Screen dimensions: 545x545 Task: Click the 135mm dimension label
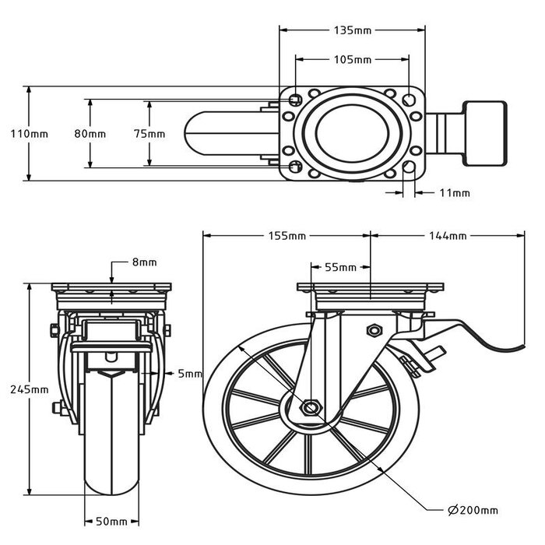(x=352, y=31)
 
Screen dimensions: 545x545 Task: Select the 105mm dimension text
(x=352, y=59)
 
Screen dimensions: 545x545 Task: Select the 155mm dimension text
(x=287, y=236)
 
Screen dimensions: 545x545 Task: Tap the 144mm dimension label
(x=446, y=236)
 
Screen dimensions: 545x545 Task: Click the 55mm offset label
(x=339, y=267)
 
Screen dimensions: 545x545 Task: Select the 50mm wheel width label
(x=111, y=522)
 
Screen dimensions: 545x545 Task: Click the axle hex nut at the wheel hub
(x=311, y=407)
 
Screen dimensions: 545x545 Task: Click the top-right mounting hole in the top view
(x=410, y=100)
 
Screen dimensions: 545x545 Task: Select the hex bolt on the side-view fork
(x=373, y=330)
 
